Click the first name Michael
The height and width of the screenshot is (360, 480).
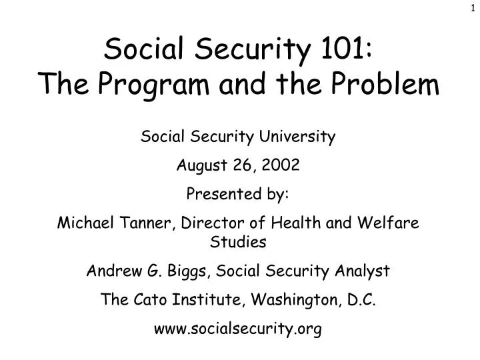(x=81, y=224)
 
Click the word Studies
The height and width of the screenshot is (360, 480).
(x=239, y=243)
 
